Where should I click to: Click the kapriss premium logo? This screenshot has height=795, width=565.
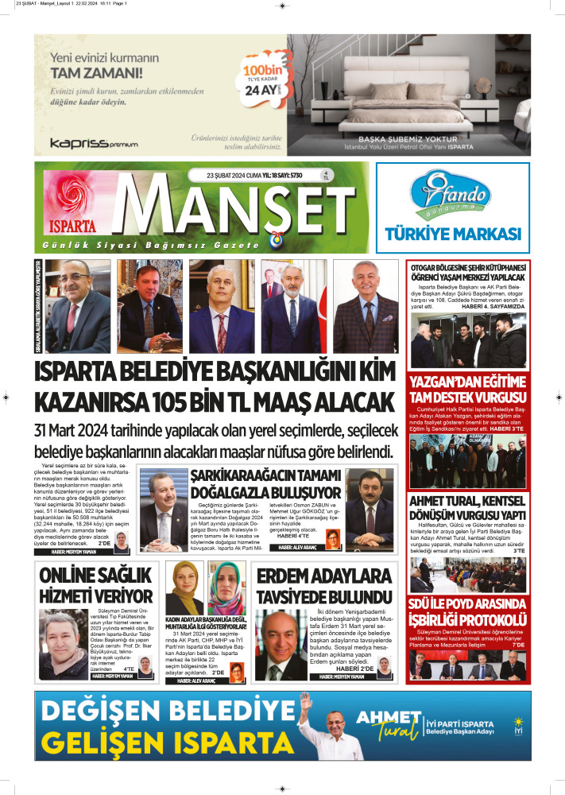(94, 143)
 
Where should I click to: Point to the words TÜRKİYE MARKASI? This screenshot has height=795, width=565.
(452, 234)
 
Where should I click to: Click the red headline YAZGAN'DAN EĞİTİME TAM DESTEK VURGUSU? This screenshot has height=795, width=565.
(467, 389)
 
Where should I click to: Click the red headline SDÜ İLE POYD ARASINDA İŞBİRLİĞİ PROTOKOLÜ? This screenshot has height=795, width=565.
(467, 611)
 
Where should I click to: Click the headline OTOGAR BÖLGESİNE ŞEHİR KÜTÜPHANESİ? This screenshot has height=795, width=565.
(467, 272)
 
